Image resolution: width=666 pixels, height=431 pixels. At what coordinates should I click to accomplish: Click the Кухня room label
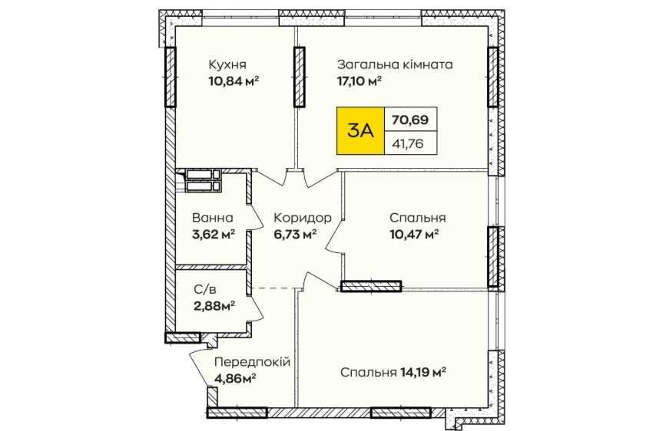coord(227,65)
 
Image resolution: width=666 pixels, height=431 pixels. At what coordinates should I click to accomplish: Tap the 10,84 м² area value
coord(234,81)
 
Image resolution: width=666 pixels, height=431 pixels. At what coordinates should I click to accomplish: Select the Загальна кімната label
coord(395,65)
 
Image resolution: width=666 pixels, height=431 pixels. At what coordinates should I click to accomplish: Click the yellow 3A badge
coord(360,130)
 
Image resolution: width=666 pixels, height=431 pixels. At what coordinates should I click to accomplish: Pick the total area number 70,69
coord(410,120)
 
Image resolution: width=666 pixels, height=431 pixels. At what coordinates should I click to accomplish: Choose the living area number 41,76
coord(408,144)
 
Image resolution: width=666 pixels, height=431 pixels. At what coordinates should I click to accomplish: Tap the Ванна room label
coord(213,218)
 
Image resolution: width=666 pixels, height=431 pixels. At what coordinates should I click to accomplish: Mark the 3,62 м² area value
coord(214,234)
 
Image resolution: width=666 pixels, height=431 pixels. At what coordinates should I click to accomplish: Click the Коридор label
coord(303,218)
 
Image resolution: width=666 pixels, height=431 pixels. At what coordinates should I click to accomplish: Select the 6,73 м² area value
coord(295,234)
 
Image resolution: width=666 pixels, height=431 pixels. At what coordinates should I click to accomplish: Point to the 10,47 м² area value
coord(414,234)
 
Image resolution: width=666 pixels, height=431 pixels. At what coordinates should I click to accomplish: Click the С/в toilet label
coord(205,290)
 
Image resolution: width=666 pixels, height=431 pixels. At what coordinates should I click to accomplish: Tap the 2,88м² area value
coord(214,306)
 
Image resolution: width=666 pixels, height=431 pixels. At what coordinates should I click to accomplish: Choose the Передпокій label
coord(252,362)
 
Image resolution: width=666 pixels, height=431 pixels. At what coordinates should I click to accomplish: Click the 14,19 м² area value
coord(422,373)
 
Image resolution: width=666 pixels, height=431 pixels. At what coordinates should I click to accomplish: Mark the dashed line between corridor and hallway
coord(274,288)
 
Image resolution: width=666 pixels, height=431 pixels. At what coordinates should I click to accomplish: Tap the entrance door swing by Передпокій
coord(200,365)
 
